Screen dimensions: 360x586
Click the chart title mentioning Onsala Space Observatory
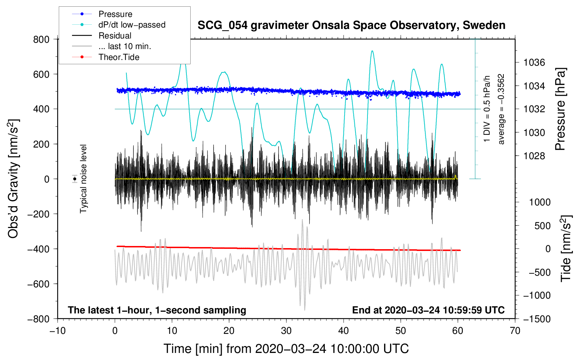point(351,25)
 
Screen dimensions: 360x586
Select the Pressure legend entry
point(115,14)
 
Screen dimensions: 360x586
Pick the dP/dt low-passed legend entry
point(132,25)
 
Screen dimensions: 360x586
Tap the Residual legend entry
point(115,36)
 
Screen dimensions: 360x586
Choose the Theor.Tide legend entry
point(119,57)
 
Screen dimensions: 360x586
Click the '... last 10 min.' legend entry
point(125,46)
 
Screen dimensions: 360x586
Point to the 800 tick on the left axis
point(41,39)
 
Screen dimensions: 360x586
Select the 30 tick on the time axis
point(286,331)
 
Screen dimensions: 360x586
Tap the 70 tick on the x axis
point(515,331)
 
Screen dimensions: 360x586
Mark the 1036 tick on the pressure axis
point(534,62)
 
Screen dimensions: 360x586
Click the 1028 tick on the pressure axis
point(534,156)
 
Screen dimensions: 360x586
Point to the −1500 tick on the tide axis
point(537,319)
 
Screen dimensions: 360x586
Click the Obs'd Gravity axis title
point(13,179)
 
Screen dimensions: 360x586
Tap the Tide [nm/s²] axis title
point(566,248)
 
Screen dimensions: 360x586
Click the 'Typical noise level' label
point(83,179)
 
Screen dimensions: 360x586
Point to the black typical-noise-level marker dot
point(75,179)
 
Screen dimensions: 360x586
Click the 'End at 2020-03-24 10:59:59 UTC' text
point(428,310)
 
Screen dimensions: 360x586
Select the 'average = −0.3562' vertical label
point(501,109)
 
